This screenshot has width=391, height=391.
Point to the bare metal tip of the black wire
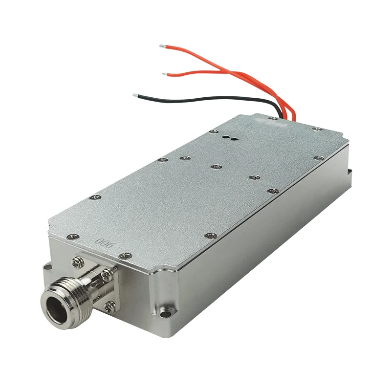tap(134, 94)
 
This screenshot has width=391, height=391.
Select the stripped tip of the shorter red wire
tap(165, 74)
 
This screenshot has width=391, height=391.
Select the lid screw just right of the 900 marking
tap(126, 255)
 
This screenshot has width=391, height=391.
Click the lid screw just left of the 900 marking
tap(74, 236)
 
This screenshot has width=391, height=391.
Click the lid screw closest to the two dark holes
tap(212, 131)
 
